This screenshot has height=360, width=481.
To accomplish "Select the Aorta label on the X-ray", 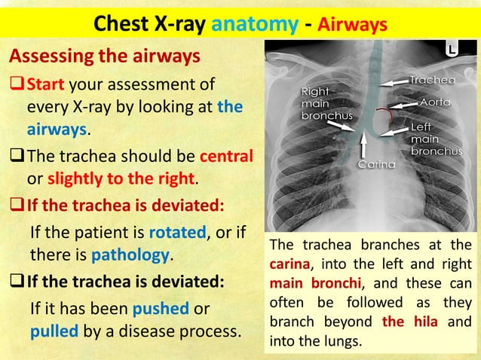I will click(x=437, y=101).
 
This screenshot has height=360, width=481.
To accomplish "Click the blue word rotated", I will click(x=175, y=233).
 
